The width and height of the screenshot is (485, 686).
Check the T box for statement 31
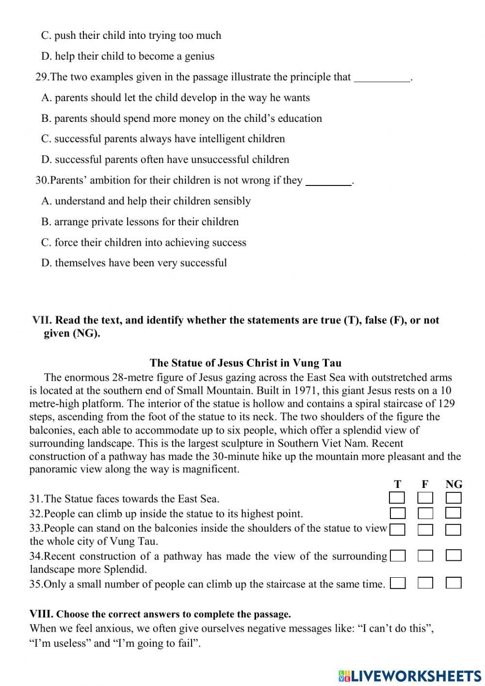pyautogui.click(x=397, y=498)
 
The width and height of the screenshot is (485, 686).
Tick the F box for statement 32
pyautogui.click(x=425, y=513)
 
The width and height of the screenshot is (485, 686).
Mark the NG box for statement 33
pyautogui.click(x=453, y=529)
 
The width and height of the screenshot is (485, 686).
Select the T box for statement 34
pyautogui.click(x=398, y=556)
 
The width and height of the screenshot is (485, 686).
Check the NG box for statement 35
pyautogui.click(x=453, y=583)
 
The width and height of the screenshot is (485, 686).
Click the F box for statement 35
pyautogui.click(x=425, y=583)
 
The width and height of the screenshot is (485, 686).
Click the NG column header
pyautogui.click(x=453, y=484)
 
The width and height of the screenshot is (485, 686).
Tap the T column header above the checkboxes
pyautogui.click(x=398, y=484)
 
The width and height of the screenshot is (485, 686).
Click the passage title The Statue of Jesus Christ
pyautogui.click(x=245, y=363)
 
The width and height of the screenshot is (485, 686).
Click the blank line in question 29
pyautogui.click(x=382, y=78)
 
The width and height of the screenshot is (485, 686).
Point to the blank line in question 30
pyautogui.click(x=329, y=182)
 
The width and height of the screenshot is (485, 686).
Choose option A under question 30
pyautogui.click(x=146, y=201)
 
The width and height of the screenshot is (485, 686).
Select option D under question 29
pyautogui.click(x=165, y=159)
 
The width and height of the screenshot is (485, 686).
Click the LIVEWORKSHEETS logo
pyautogui.click(x=410, y=675)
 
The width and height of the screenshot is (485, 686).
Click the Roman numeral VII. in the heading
pyautogui.click(x=42, y=320)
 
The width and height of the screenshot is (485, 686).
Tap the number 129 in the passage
pyautogui.click(x=446, y=403)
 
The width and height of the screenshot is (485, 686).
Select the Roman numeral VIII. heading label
pyautogui.click(x=41, y=614)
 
